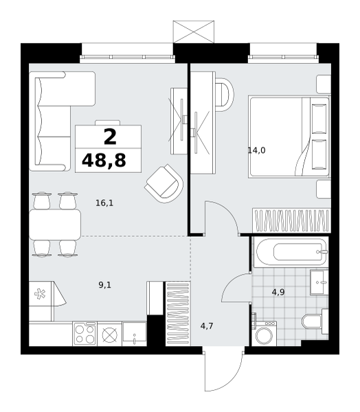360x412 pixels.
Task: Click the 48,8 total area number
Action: [104, 160]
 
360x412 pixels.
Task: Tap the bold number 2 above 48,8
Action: [110, 137]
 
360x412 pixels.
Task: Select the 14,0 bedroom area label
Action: [257, 150]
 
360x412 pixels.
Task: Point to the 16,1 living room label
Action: [104, 203]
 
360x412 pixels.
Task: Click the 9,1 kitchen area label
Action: [105, 285]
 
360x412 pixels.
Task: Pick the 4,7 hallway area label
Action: [207, 326]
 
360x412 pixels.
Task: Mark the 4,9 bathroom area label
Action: [278, 292]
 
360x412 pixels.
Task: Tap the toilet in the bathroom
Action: [315, 321]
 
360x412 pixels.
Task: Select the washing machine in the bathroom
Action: [265, 333]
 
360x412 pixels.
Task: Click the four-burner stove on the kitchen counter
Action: [85, 334]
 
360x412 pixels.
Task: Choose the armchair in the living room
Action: [164, 183]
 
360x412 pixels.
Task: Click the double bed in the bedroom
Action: [289, 137]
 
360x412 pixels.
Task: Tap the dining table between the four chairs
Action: [55, 225]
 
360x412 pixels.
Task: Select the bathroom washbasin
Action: [319, 282]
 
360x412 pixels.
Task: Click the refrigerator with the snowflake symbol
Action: [42, 293]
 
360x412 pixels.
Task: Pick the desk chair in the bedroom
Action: [224, 95]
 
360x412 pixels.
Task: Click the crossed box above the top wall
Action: [194, 32]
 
